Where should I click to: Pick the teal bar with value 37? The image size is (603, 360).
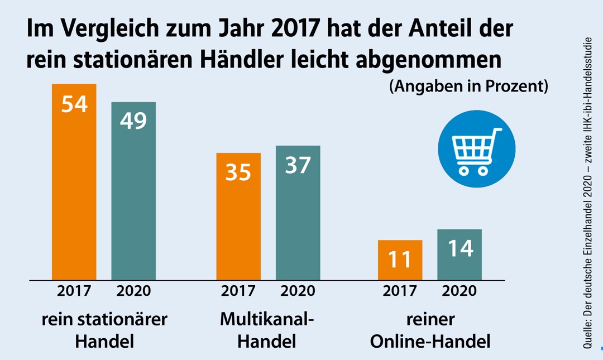point(298,212)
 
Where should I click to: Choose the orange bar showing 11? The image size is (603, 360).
point(400,260)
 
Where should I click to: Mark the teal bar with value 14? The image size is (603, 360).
point(459,254)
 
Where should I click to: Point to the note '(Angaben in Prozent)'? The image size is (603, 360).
point(468,87)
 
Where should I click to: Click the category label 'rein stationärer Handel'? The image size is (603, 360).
point(104,330)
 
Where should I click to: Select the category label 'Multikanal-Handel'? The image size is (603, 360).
point(267,330)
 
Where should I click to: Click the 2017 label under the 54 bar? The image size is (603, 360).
point(74,291)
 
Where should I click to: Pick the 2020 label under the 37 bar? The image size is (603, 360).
point(298,291)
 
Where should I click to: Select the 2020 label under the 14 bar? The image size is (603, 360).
point(459,291)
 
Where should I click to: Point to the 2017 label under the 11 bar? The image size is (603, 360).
point(400,291)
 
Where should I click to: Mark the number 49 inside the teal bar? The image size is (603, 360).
point(133,121)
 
